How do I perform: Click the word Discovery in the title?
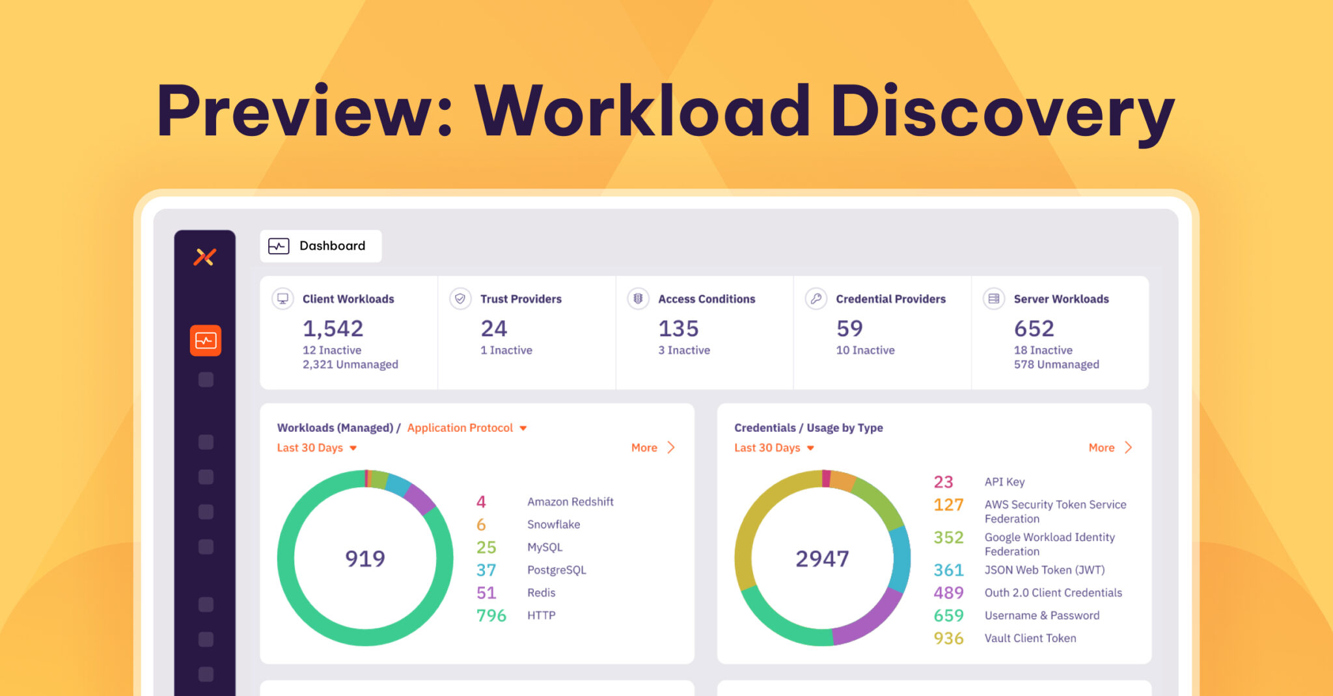(x=1002, y=112)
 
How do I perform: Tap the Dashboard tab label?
(x=332, y=246)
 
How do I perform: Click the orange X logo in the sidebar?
(x=204, y=257)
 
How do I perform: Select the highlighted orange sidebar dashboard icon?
(x=206, y=340)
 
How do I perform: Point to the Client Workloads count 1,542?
(x=333, y=328)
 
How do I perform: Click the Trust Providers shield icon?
(x=460, y=299)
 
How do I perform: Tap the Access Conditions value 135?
(x=678, y=328)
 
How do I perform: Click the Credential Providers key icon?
(x=816, y=299)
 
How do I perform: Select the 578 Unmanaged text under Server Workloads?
(x=1056, y=364)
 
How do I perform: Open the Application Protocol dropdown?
(x=466, y=427)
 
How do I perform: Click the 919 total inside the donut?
(x=365, y=558)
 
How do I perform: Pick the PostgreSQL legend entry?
(x=557, y=570)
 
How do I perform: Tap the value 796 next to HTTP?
(x=491, y=615)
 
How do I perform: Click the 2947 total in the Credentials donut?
(x=822, y=558)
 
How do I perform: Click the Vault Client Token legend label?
(x=1030, y=638)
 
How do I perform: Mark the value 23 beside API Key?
(x=943, y=482)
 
